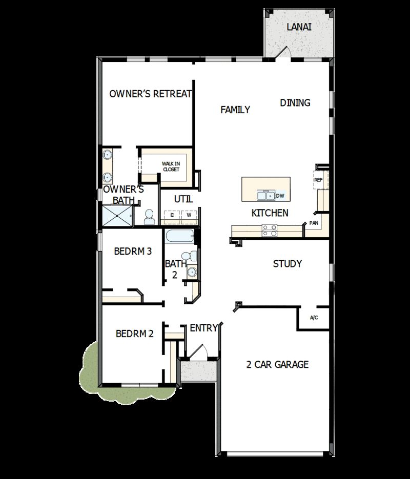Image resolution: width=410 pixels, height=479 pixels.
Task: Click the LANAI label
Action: click(299, 27)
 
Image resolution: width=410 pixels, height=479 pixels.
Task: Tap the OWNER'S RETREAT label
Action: click(151, 94)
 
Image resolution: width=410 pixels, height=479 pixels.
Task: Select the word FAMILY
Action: click(235, 110)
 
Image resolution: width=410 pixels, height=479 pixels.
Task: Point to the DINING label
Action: click(295, 103)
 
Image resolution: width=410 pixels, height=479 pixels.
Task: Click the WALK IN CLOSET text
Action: click(171, 166)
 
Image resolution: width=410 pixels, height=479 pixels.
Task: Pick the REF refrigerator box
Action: click(319, 180)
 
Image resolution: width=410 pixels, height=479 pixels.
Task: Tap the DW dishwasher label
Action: click(280, 196)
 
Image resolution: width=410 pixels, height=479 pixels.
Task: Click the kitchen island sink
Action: click(265, 195)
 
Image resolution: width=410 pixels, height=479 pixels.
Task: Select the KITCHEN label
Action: click(270, 213)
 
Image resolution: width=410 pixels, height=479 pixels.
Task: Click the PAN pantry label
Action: click(314, 223)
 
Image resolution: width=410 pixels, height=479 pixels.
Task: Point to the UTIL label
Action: click(183, 199)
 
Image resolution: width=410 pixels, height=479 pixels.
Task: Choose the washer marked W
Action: click(189, 215)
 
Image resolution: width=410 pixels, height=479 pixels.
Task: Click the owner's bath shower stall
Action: click(117, 216)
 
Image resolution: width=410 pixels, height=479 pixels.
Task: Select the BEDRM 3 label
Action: click(133, 252)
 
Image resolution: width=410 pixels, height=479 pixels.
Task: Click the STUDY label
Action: click(287, 264)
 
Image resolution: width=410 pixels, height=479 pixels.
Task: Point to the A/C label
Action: click(314, 318)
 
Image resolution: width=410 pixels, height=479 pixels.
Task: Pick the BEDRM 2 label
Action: click(135, 334)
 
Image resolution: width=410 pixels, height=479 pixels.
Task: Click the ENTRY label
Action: click(204, 328)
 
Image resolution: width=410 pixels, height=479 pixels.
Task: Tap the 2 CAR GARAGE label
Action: click(277, 365)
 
